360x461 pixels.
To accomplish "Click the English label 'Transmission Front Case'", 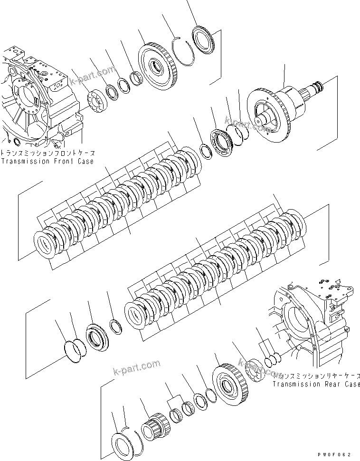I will [x=47, y=161].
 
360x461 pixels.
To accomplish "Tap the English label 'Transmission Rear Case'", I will [x=316, y=384].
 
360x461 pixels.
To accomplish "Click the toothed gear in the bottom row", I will [x=228, y=384].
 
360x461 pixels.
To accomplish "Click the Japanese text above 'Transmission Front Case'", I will [x=47, y=154].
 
